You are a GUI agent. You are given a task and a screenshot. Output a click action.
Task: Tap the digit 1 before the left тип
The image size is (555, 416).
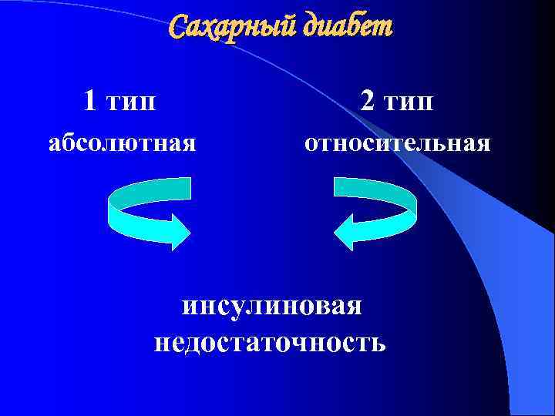coord(90,99)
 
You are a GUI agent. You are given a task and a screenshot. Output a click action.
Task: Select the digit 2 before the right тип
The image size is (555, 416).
coord(368,99)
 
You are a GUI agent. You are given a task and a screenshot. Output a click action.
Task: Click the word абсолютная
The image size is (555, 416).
coord(122,144)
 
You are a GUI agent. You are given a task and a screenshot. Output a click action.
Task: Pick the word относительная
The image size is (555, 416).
coord(397,144)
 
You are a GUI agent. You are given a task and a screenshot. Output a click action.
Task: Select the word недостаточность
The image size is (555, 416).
coord(271,341)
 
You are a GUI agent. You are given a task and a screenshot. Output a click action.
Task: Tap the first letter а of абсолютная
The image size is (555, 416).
coord(54,145)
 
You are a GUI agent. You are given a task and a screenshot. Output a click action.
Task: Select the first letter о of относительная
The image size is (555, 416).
coord(310,145)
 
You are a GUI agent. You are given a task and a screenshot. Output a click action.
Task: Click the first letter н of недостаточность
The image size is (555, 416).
coord(162,341)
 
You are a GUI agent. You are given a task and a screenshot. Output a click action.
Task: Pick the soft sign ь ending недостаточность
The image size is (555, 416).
coord(379,341)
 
